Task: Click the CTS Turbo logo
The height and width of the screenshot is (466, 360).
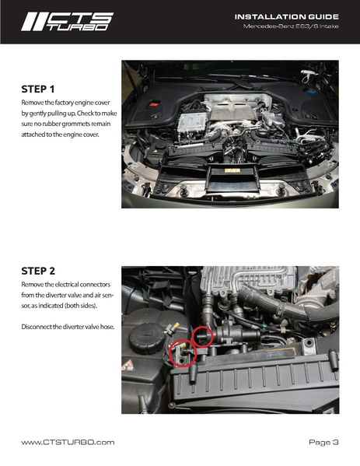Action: tap(67, 22)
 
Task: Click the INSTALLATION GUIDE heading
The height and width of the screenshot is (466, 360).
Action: tap(287, 17)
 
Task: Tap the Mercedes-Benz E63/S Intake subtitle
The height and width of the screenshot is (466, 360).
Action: tap(291, 26)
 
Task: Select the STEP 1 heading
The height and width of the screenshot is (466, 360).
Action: tap(38, 89)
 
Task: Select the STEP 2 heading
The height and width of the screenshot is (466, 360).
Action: tap(38, 271)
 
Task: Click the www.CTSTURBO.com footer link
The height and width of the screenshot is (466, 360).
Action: tap(68, 442)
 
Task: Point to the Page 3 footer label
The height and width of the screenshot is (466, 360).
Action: tap(323, 443)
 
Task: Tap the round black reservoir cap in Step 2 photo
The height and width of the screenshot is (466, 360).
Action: tap(146, 338)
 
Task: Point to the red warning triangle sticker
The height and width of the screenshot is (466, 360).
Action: tap(128, 366)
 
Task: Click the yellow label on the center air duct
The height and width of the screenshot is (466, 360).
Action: tap(232, 170)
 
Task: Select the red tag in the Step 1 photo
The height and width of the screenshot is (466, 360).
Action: tap(154, 104)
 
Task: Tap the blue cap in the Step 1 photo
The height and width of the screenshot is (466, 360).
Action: tap(307, 90)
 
